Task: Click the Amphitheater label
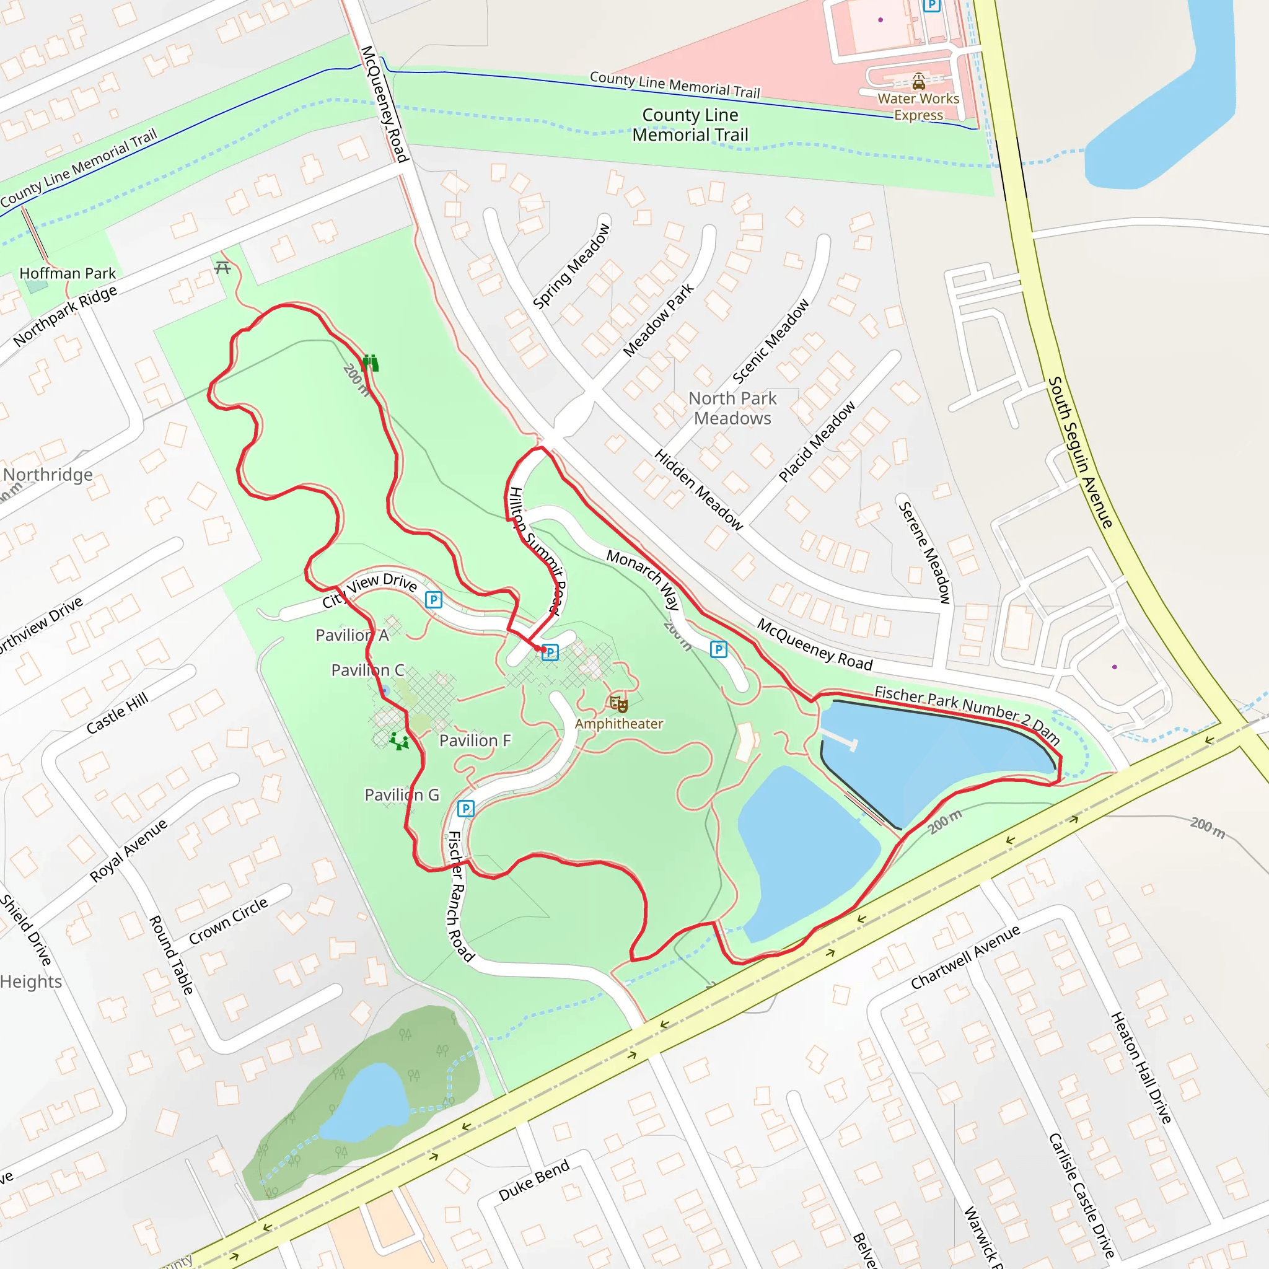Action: pyautogui.click(x=619, y=724)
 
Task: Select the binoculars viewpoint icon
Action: pyautogui.click(x=371, y=362)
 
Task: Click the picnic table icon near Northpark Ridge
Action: pyautogui.click(x=222, y=267)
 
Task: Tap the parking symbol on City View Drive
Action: pyautogui.click(x=434, y=600)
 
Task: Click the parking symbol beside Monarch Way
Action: pyautogui.click(x=719, y=649)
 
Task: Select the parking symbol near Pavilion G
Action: pyautogui.click(x=466, y=808)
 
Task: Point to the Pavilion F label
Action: pyautogui.click(x=475, y=741)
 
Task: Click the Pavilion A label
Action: pyautogui.click(x=352, y=635)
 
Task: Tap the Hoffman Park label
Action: pyautogui.click(x=67, y=273)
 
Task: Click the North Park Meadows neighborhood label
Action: pyautogui.click(x=732, y=408)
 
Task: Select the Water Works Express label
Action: pyautogui.click(x=918, y=107)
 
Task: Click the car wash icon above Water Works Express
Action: pyautogui.click(x=918, y=81)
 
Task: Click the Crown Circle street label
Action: pyautogui.click(x=229, y=921)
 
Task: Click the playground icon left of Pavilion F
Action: pyautogui.click(x=398, y=742)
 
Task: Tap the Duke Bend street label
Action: pyautogui.click(x=534, y=1181)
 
